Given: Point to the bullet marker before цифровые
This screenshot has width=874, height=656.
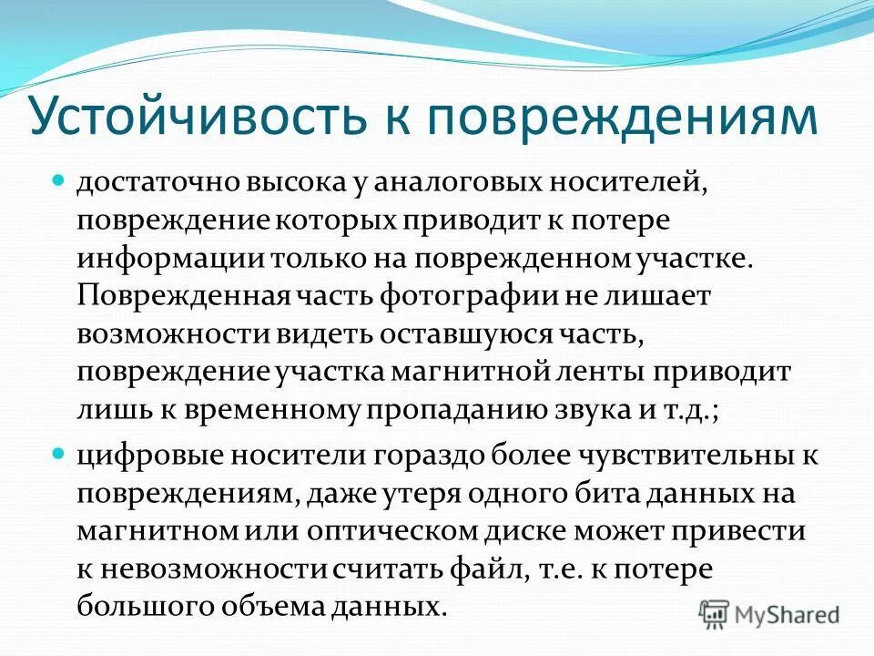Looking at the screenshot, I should [x=57, y=452].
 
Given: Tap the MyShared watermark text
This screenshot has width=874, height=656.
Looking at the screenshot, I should [x=788, y=615].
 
